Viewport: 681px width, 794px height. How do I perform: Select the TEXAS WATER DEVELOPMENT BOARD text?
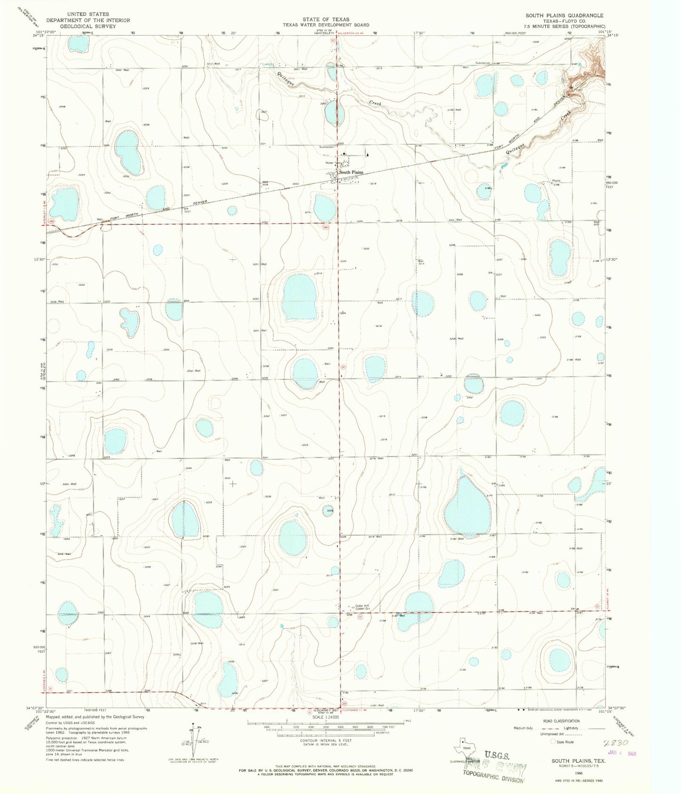tap(326, 25)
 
